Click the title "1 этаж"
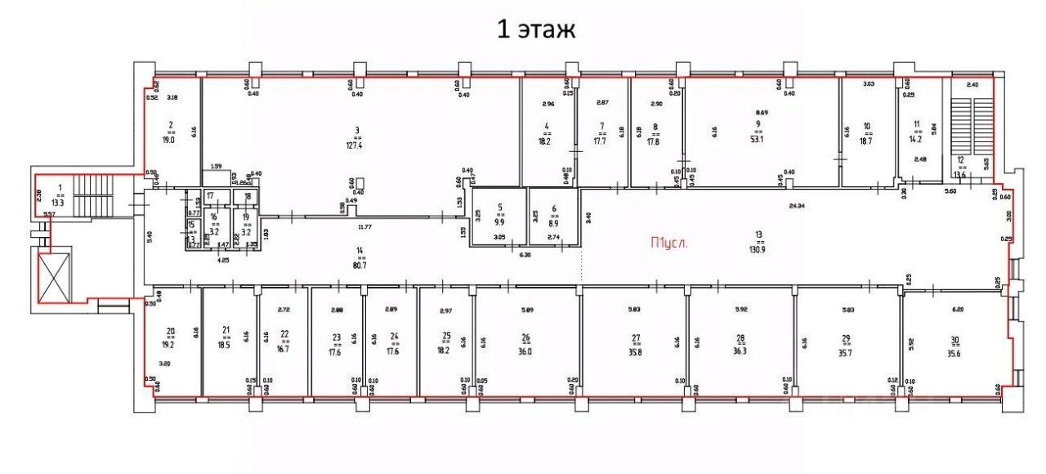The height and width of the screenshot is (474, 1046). tap(537, 30)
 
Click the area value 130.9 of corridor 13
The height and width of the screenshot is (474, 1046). tap(759, 250)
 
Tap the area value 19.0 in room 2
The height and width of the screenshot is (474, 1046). tap(171, 140)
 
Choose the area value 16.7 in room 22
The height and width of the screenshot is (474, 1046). tap(284, 347)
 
